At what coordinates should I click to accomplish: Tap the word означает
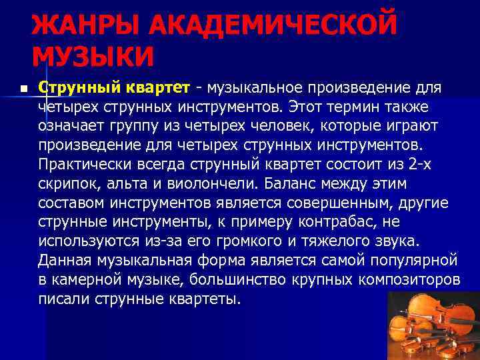click(69, 126)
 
